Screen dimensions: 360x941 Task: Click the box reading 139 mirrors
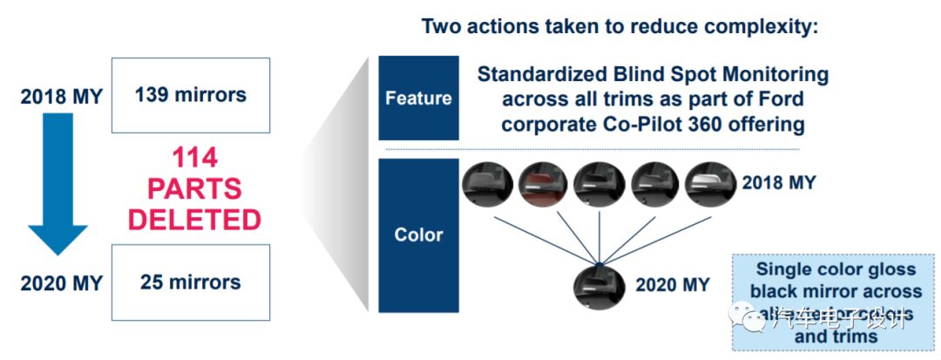(191, 94)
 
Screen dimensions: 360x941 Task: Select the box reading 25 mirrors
(191, 282)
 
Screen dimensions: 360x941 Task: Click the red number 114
(194, 158)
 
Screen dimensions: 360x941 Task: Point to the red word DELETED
(194, 220)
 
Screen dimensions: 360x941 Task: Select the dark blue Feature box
(418, 98)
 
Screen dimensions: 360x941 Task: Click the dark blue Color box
(418, 234)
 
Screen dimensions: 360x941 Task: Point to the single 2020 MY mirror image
(600, 288)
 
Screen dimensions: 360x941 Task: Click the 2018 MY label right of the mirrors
(779, 183)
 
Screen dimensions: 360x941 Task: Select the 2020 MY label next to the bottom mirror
(672, 284)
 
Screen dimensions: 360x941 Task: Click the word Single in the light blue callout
(783, 269)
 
